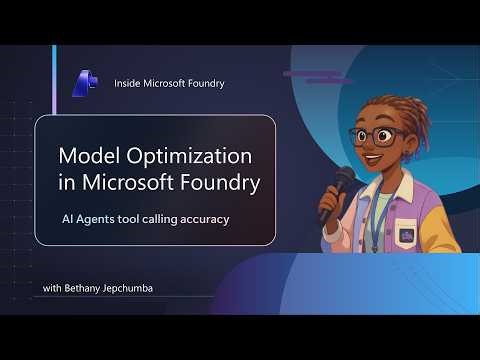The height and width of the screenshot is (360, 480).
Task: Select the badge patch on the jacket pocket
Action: click(x=407, y=236)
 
